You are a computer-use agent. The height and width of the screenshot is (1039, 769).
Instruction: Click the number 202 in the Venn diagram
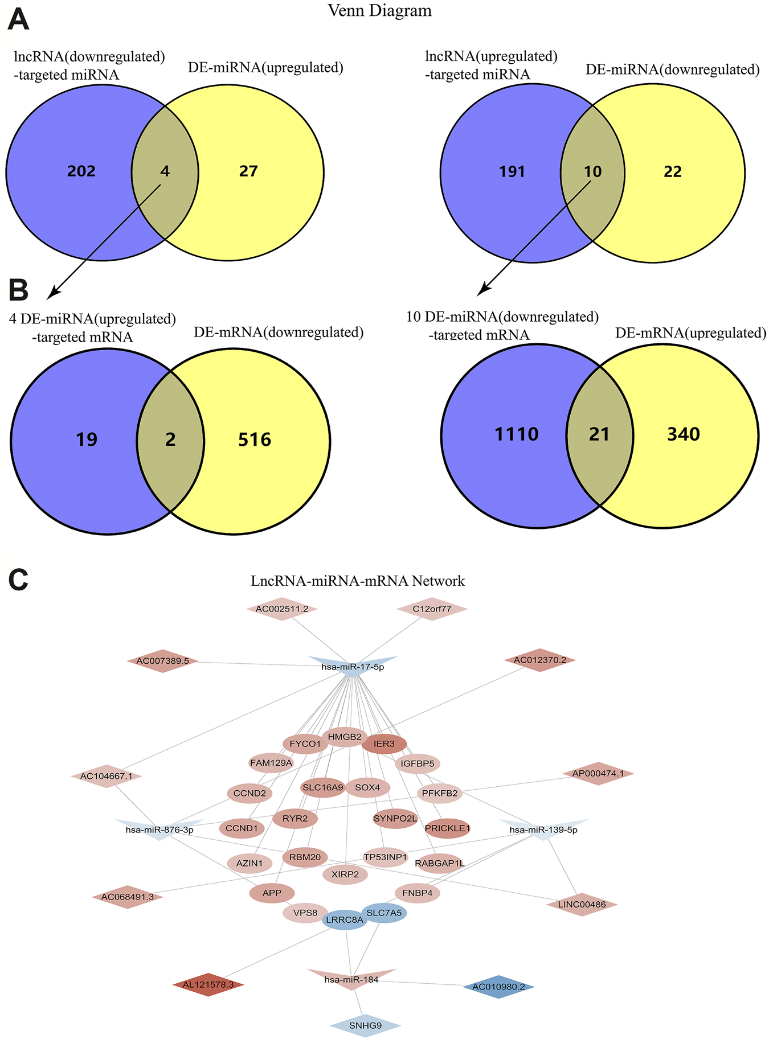click(x=81, y=171)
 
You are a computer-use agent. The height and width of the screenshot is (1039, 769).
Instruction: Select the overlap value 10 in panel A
click(x=593, y=171)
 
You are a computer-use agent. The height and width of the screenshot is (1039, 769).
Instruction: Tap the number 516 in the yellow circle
click(x=255, y=440)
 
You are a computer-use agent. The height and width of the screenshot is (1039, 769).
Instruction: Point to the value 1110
click(x=517, y=434)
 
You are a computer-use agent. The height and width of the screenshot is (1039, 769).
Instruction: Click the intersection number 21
click(x=599, y=434)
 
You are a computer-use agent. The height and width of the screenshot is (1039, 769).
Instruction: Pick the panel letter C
click(x=19, y=581)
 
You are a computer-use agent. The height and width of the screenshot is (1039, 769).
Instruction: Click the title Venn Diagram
click(x=380, y=10)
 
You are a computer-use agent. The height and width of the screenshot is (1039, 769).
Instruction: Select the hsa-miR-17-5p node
click(x=353, y=667)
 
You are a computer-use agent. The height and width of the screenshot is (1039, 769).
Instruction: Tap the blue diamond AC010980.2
click(x=498, y=987)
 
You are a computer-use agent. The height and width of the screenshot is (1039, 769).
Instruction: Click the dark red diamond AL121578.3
click(x=208, y=984)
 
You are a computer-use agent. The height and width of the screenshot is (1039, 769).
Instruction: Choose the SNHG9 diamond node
click(x=365, y=1025)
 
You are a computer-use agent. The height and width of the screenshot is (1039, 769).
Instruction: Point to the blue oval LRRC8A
click(x=345, y=919)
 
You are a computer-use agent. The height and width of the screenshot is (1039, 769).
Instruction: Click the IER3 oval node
click(x=384, y=744)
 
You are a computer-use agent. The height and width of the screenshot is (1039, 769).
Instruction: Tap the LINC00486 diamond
click(x=581, y=904)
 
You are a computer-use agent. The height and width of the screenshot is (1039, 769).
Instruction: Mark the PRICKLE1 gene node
click(x=448, y=828)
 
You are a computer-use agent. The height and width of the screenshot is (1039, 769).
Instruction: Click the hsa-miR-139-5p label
click(x=543, y=829)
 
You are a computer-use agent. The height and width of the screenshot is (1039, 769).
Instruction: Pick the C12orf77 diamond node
click(x=432, y=609)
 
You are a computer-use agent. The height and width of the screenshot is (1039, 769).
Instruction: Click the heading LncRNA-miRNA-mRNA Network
click(x=358, y=581)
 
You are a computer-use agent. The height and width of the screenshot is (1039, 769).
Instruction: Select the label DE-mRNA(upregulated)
click(x=690, y=332)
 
